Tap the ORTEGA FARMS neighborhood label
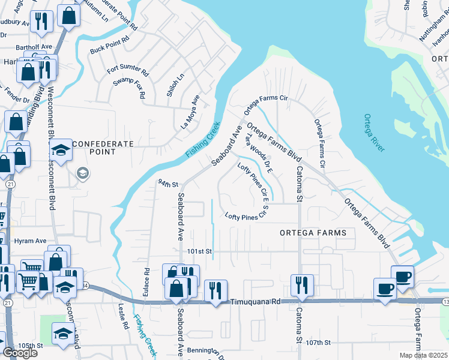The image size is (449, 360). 313,232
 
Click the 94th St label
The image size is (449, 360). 169,184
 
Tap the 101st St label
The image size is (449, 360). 200,251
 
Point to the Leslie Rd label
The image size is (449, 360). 124,317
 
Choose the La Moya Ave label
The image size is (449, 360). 191,112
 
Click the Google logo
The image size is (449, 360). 20,353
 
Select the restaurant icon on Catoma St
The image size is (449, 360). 301,284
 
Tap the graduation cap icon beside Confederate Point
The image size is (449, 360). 61,150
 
